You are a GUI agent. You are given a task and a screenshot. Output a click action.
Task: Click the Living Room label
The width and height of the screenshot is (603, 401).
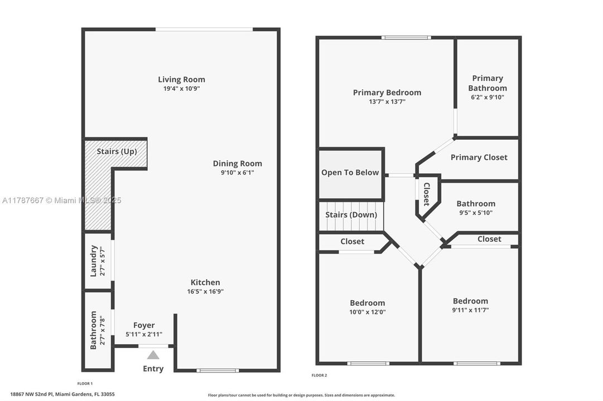pyautogui.click(x=181, y=80)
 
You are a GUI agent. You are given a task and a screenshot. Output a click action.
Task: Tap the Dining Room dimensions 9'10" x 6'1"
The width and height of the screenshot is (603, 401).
pyautogui.click(x=237, y=173)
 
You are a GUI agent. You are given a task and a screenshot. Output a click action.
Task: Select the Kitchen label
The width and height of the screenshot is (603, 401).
pyautogui.click(x=205, y=282)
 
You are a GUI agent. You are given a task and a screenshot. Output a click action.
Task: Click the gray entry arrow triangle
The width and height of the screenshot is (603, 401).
pyautogui.click(x=153, y=355)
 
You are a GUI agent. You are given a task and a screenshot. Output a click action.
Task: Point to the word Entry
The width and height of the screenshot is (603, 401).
pyautogui.click(x=153, y=369)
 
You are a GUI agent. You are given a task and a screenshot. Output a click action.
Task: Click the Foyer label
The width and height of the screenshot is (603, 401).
pyautogui.click(x=144, y=325)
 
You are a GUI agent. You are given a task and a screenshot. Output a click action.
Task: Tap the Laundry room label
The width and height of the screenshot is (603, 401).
pyautogui.click(x=94, y=261)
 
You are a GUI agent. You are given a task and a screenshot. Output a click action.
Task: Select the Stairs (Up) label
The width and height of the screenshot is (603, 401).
pyautogui.click(x=117, y=151)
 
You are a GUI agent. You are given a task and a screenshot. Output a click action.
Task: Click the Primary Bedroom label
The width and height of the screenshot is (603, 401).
pyautogui.click(x=387, y=92)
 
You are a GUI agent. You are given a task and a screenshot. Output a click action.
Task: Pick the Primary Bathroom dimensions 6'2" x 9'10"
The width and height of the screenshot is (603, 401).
pyautogui.click(x=487, y=97)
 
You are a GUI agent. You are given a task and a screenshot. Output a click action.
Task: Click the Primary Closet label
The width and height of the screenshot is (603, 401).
pyautogui.click(x=479, y=157)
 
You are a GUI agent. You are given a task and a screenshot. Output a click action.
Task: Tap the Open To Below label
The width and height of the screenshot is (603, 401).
pyautogui.click(x=350, y=173)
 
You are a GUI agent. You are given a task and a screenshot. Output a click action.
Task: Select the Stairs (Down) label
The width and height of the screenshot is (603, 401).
pyautogui.click(x=351, y=214)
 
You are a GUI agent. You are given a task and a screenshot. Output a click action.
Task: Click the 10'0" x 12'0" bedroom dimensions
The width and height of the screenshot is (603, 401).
pyautogui.click(x=368, y=312)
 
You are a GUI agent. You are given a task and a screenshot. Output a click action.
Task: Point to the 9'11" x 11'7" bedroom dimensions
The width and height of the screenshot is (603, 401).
pyautogui.click(x=470, y=310)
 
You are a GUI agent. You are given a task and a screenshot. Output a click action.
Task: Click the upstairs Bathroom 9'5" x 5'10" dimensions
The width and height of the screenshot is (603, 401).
pyautogui.click(x=476, y=212)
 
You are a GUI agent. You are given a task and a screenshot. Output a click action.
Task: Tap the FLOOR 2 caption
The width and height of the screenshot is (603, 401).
pyautogui.click(x=319, y=375)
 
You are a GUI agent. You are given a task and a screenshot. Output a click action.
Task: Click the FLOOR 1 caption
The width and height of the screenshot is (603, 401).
pyautogui.click(x=85, y=383)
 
